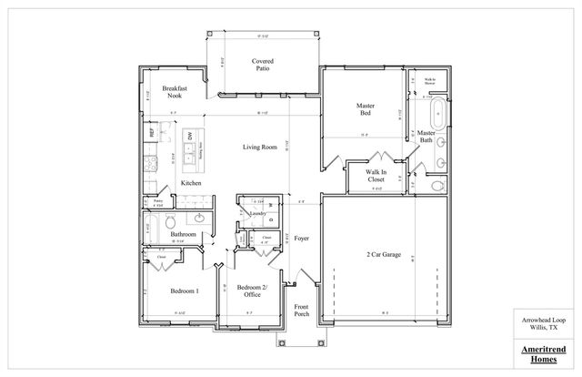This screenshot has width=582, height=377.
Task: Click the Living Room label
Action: coord(259,148)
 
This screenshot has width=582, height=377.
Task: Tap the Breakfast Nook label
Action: coord(175,92)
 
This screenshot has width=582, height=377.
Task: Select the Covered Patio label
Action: coord(264,66)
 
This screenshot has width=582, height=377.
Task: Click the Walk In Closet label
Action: coord(376,176)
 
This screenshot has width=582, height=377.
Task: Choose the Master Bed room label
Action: coord(366,110)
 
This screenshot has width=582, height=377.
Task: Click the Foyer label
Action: coord(301,239)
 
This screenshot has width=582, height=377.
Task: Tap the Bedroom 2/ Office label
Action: coord(249,290)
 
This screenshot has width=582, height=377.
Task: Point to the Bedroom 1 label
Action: coord(185,291)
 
